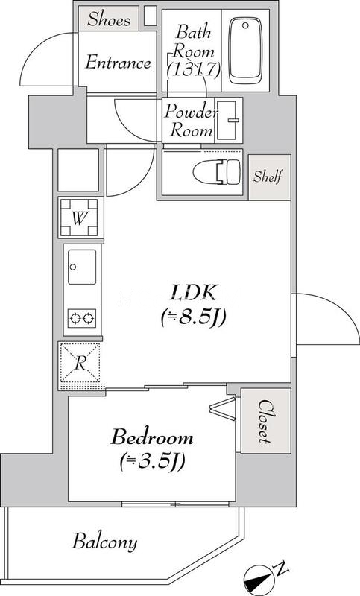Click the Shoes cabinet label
pyautogui.click(x=109, y=19)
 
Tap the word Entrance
pyautogui.click(x=119, y=63)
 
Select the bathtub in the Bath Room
pyautogui.click(x=250, y=51)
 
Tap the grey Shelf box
pyautogui.click(x=267, y=177)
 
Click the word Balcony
pyautogui.click(x=104, y=542)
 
